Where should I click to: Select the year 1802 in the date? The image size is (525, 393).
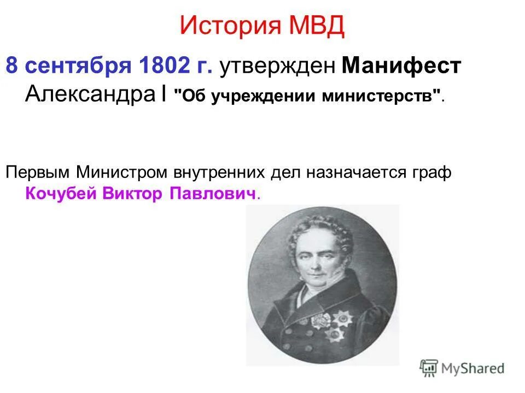162,67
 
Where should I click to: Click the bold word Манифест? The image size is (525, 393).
401,67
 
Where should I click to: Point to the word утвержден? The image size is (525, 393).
277,67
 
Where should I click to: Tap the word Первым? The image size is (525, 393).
38,172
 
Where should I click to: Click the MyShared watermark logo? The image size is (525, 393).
462,368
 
